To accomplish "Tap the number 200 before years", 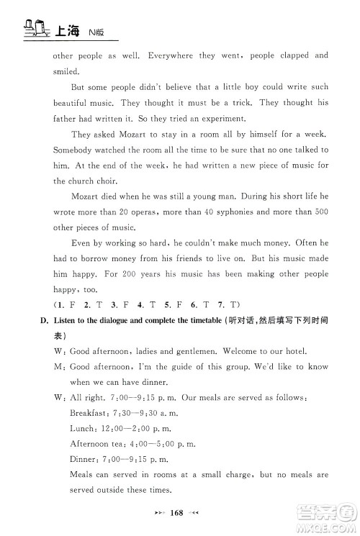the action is click(x=113, y=276).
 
